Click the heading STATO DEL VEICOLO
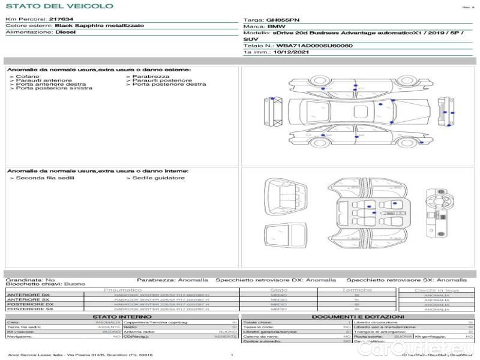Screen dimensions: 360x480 pos(59,6)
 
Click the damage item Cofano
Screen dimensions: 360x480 pos(27,76)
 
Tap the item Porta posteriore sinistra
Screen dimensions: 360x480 pos(54,88)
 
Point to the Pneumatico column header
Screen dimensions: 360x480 pos(123,290)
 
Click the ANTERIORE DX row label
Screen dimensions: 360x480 pos(28,295)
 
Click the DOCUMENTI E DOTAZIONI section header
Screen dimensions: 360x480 pos(358,316)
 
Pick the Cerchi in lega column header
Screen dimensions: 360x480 pos(436,290)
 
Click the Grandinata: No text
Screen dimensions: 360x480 pos(30,280)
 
